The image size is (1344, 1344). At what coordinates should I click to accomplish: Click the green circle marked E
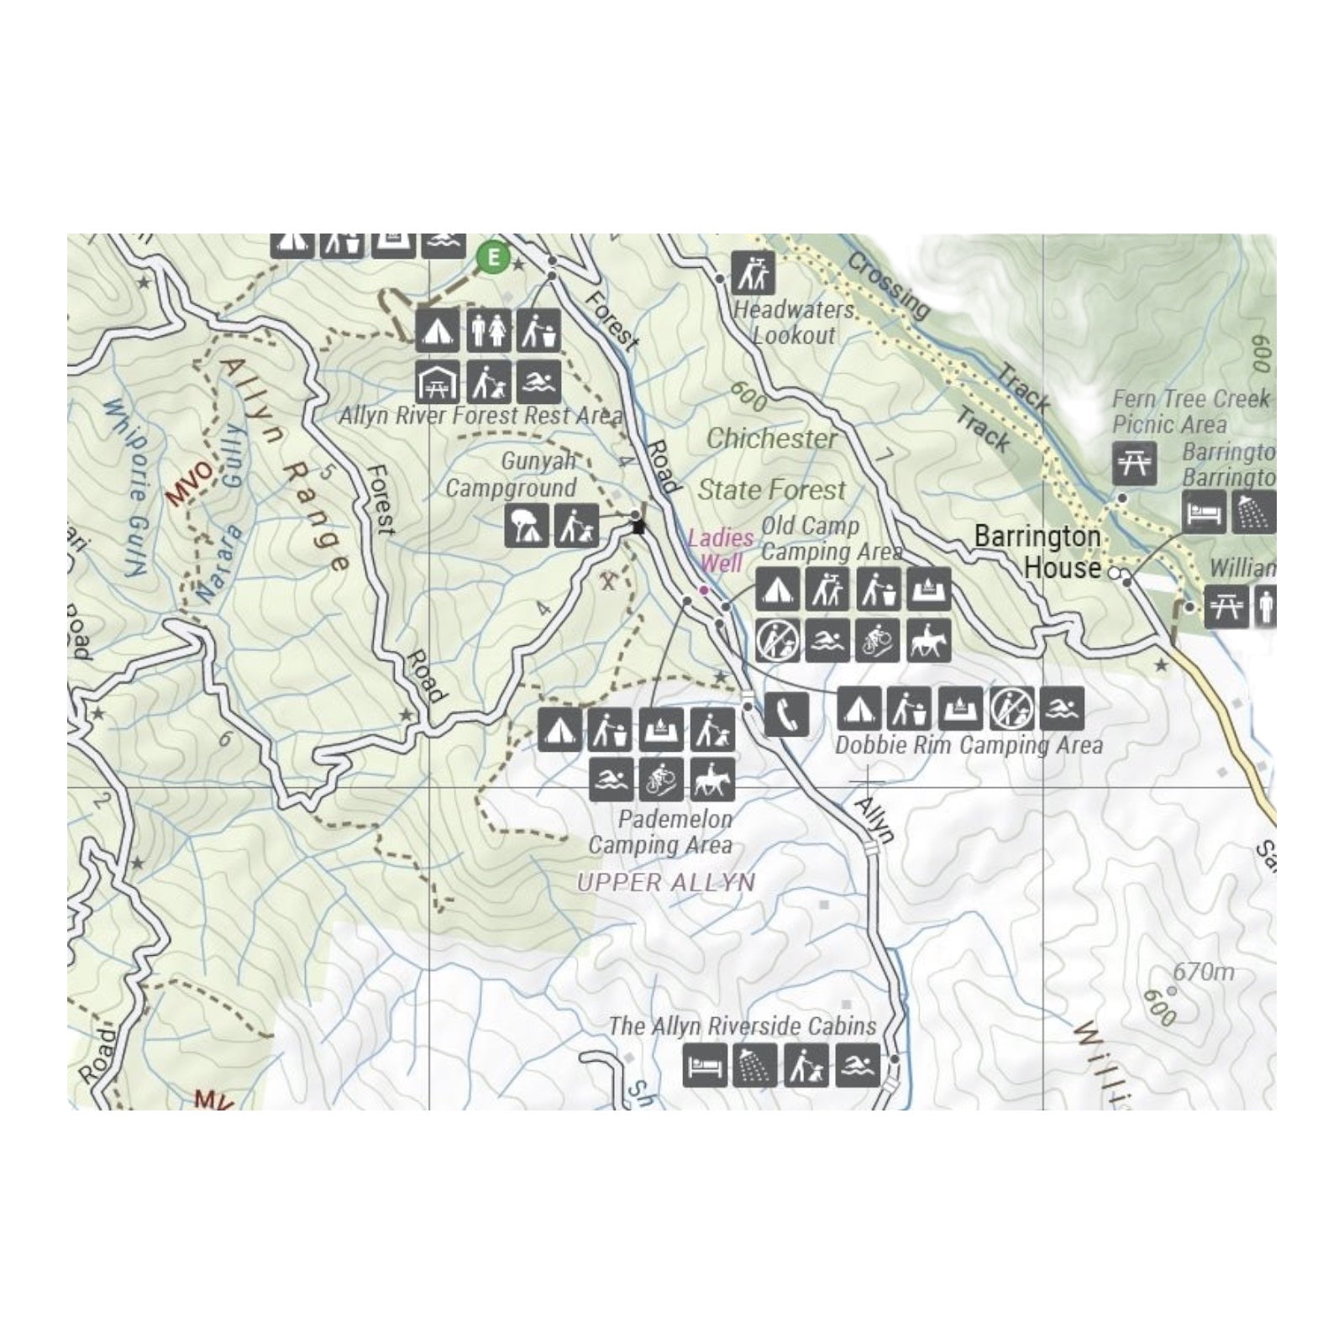click(493, 257)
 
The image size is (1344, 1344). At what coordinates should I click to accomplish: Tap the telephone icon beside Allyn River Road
click(787, 714)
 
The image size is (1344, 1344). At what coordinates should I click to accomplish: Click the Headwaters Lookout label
click(794, 323)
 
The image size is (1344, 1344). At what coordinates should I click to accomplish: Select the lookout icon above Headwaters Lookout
click(753, 272)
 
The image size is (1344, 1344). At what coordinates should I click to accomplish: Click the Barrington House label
click(1038, 551)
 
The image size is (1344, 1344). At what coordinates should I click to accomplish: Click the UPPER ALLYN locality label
click(666, 882)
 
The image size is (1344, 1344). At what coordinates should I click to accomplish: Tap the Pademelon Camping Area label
click(661, 832)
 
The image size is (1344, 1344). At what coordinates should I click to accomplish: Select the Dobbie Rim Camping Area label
click(969, 745)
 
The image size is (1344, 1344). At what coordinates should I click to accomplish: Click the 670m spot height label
click(1204, 972)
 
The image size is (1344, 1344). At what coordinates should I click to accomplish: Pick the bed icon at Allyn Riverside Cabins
click(704, 1065)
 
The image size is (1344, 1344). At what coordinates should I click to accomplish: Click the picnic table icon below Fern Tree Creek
click(1134, 462)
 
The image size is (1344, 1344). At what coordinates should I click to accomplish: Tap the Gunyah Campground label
click(512, 475)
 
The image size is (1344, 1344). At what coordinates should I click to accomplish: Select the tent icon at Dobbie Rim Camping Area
click(859, 708)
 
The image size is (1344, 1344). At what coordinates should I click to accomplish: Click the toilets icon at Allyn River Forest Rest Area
click(488, 330)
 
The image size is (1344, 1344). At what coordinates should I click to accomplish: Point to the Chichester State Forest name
click(772, 464)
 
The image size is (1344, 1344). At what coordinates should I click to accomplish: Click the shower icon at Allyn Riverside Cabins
click(754, 1065)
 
